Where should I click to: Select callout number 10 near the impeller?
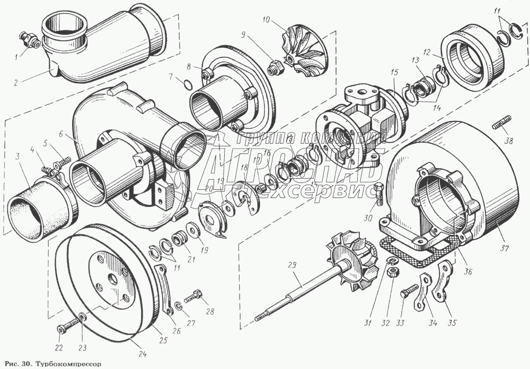coord(266,20)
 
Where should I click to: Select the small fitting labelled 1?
coord(26,38)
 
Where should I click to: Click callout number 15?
coord(394,71)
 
